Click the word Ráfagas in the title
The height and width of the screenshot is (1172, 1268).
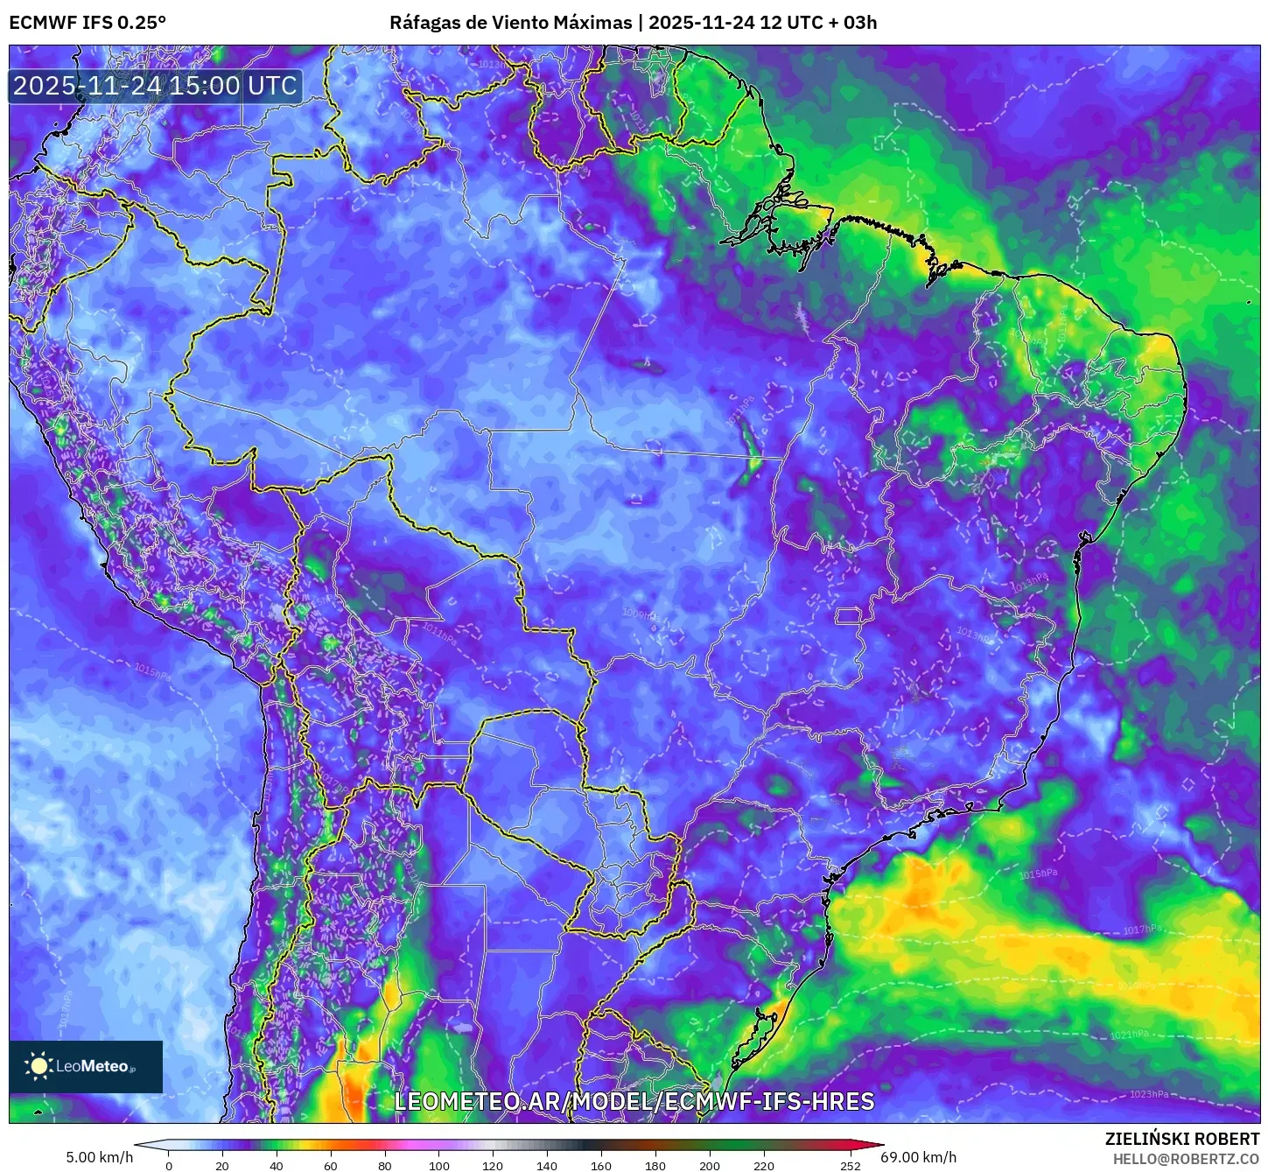[424, 23]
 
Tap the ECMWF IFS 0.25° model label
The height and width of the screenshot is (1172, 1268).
[88, 23]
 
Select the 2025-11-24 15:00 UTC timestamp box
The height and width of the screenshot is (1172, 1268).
[156, 86]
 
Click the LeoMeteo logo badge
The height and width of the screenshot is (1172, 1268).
[86, 1066]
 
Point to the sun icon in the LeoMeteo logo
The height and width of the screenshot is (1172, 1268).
[39, 1065]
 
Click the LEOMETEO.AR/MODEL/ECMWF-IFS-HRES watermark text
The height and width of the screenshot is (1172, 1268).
[634, 1101]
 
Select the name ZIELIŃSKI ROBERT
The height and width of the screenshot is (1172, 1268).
[1181, 1139]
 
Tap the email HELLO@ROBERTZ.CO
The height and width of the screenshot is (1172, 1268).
[1186, 1159]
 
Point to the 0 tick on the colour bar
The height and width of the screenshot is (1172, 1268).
[169, 1165]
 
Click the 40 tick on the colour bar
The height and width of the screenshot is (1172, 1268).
[277, 1165]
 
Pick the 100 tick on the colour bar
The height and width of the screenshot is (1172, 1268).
[439, 1165]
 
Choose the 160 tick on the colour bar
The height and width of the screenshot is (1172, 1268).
[601, 1165]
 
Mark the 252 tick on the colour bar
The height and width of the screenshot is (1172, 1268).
[850, 1165]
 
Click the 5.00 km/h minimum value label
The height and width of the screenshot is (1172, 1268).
[100, 1157]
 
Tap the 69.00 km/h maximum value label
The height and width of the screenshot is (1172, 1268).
[919, 1157]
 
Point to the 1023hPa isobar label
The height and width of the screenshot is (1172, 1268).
[1149, 1094]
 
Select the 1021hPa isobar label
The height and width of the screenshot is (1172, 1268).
[1130, 1035]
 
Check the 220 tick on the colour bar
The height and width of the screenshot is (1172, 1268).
[763, 1165]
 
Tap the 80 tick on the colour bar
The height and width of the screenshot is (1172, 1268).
[385, 1165]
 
